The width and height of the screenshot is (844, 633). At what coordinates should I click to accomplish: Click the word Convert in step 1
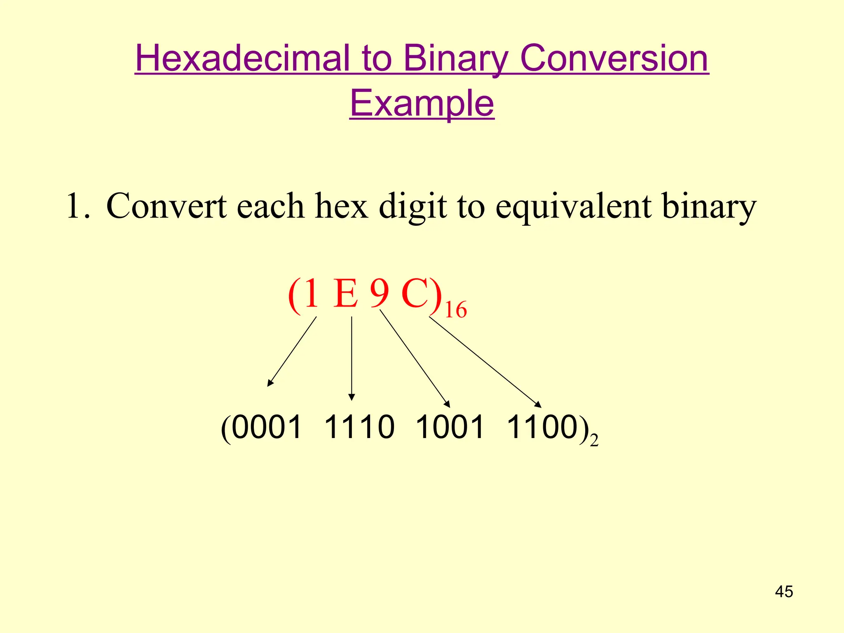tap(166, 206)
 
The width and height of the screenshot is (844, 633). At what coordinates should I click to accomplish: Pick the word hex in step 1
tap(341, 206)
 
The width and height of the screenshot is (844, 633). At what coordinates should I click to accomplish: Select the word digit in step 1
tap(413, 206)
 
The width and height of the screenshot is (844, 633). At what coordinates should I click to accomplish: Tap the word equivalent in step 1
tap(573, 206)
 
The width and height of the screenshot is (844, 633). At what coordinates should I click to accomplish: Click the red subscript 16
tap(456, 310)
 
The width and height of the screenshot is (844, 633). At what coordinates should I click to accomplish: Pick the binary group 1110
tap(359, 427)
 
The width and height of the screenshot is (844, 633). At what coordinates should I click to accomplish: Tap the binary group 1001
tap(450, 427)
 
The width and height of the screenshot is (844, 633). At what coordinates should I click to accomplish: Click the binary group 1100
tap(542, 427)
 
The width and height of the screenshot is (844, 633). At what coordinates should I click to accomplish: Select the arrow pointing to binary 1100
tap(485, 362)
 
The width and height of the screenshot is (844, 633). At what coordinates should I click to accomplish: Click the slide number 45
tap(784, 592)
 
